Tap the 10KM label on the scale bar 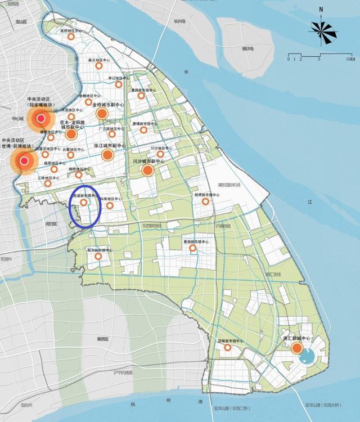click(350, 59)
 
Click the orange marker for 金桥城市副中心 click(102, 114)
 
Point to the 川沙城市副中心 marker click(148, 168)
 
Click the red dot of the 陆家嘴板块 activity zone click(40, 118)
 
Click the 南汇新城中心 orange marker click(296, 348)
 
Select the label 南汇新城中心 click(295, 339)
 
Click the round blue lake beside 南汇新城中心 click(309, 355)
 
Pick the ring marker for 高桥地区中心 click(71, 37)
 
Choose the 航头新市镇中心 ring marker click(98, 257)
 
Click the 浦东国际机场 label click(229, 185)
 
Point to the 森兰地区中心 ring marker click(98, 65)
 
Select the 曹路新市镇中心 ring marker click(141, 96)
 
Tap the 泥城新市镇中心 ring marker click(228, 348)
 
